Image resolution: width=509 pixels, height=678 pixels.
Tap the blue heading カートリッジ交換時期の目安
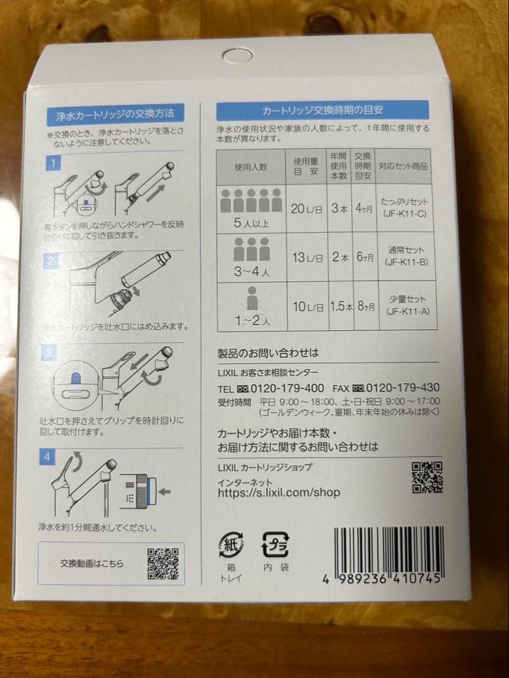323,110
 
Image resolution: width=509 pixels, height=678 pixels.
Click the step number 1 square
55,164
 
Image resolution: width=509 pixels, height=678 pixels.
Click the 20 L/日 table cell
307,208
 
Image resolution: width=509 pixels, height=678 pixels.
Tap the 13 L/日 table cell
307,258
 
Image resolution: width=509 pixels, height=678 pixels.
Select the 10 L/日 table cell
307,307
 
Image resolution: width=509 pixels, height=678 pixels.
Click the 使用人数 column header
251,166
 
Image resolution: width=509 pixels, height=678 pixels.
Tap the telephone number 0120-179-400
286,387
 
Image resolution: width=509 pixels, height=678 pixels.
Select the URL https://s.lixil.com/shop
279,493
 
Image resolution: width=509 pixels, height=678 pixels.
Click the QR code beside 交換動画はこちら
163,563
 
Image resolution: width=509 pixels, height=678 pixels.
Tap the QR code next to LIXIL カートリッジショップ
427,477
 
